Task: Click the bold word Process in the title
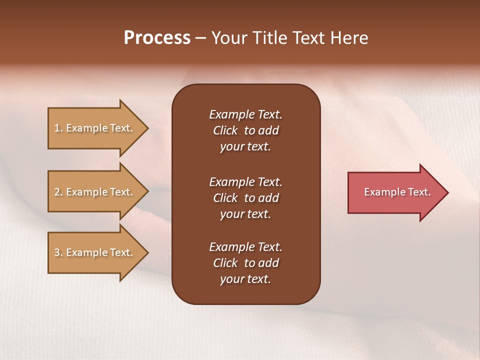(157, 38)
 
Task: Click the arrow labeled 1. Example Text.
(95, 128)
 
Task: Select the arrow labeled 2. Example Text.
(95, 192)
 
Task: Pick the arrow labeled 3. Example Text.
(95, 252)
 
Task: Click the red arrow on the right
(395, 192)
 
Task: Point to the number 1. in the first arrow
(58, 128)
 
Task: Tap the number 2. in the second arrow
(58, 192)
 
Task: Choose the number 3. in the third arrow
(58, 252)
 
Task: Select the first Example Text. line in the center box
(245, 114)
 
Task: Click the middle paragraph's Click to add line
(245, 198)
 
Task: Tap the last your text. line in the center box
(245, 279)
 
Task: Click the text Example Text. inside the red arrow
(397, 192)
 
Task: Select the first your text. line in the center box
(245, 146)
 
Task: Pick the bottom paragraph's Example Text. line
(245, 247)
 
